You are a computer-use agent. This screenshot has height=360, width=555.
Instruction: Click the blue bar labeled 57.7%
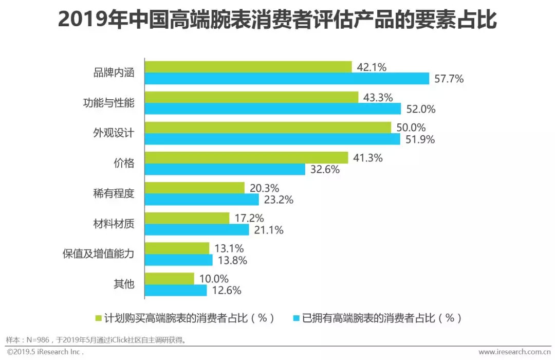point(287,79)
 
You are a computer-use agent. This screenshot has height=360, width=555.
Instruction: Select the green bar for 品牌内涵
point(248,67)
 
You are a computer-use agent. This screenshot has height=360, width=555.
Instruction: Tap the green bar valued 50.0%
point(268,128)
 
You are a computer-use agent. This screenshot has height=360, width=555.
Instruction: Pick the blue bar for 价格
point(225,169)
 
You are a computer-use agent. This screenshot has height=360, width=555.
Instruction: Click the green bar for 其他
point(170,278)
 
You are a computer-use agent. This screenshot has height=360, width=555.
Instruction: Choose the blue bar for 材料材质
point(197,230)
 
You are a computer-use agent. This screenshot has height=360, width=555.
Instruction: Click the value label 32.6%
point(324,170)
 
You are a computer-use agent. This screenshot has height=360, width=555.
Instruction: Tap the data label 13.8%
point(231,260)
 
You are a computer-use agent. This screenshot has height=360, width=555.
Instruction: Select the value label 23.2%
point(278,200)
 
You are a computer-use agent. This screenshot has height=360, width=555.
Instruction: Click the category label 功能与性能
point(108,102)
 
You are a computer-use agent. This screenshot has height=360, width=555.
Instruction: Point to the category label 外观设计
point(114,133)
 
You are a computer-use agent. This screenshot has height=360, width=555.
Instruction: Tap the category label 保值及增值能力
point(98,254)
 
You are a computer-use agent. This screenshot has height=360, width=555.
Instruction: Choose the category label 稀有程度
point(114,193)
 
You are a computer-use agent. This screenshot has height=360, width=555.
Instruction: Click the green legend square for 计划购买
point(99,318)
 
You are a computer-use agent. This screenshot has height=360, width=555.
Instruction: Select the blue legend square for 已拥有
point(295,318)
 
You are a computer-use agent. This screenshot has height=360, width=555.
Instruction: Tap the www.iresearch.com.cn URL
point(513,352)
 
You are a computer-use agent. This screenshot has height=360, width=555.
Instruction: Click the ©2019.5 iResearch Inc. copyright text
point(45,352)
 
